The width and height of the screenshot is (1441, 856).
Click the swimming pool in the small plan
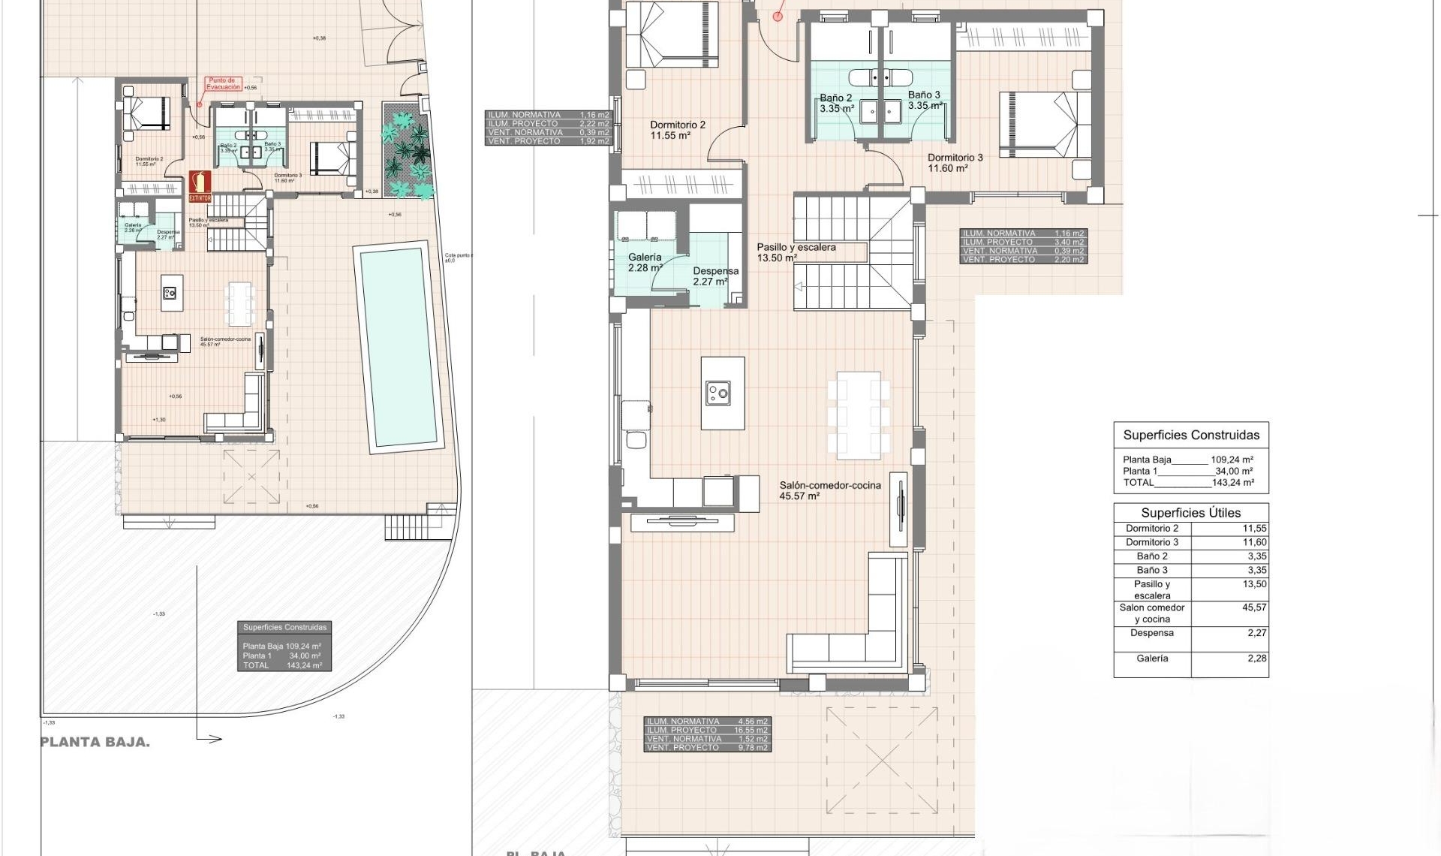pos(398,347)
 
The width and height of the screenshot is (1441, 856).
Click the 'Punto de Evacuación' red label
pos(222,83)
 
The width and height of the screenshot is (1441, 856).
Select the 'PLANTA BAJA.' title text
pos(95,742)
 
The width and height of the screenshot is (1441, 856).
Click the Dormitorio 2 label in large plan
pos(677,130)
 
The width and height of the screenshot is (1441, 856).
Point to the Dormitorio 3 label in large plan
pos(955,162)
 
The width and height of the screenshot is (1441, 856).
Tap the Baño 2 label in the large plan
pos(836,103)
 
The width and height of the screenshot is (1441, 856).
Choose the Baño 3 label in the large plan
pos(924,100)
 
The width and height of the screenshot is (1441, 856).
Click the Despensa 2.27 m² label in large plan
pos(714,276)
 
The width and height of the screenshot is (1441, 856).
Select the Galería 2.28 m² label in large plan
pos(645,262)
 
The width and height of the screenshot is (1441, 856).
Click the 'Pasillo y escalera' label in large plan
pos(796,252)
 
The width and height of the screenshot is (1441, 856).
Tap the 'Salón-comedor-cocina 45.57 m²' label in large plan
pos(829,490)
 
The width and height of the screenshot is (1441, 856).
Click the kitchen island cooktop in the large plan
pos(718,393)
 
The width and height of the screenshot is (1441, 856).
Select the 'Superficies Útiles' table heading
pos(1190,513)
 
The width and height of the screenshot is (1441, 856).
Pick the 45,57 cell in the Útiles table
pos(1253,607)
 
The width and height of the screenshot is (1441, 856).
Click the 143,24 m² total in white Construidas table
pos(1232,483)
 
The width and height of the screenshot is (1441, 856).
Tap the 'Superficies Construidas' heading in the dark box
pos(284,627)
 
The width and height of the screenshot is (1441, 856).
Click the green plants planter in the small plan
pos(408,150)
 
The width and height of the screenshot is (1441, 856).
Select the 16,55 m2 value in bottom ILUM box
pos(751,730)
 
